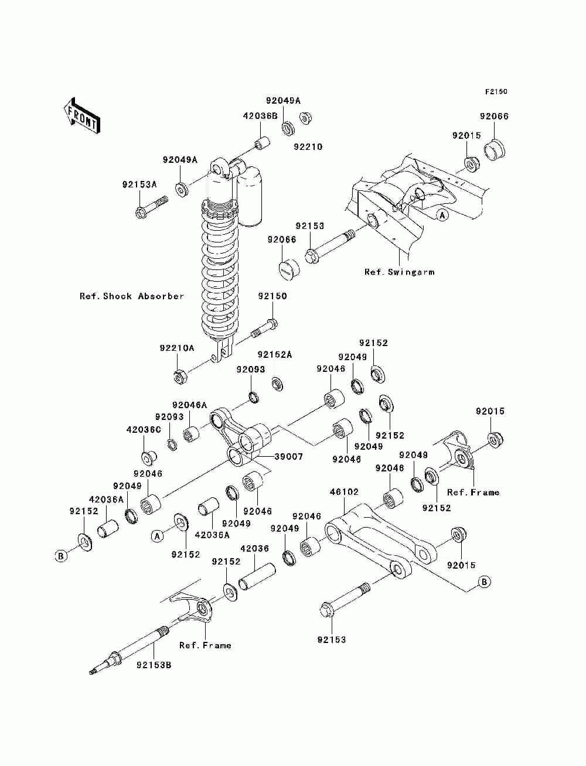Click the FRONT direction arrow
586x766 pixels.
coord(82,115)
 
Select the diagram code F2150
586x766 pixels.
coord(496,92)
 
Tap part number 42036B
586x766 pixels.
coord(260,116)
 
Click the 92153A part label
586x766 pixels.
coord(139,184)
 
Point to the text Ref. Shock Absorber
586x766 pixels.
coord(132,296)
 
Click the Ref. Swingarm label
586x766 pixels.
coord(400,272)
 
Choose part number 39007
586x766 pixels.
coord(288,456)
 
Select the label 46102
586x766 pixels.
coord(345,492)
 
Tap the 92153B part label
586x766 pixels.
coord(154,665)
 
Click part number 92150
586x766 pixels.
coord(272,296)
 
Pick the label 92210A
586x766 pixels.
coord(177,348)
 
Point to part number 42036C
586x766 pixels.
coord(144,430)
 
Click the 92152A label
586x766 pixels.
coord(274,354)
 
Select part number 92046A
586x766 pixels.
coord(190,405)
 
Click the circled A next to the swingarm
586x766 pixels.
coord(442,216)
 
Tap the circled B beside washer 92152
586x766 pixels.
coord(61,556)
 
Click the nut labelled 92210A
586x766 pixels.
coord(180,376)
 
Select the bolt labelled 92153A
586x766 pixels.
coord(151,207)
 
